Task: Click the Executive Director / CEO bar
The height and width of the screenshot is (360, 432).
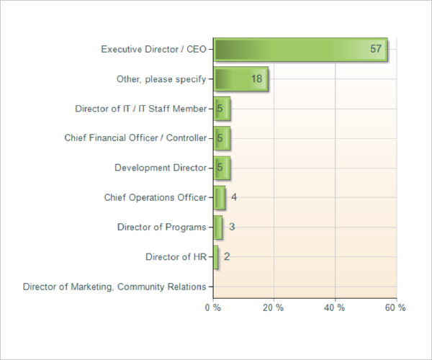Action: [300, 50]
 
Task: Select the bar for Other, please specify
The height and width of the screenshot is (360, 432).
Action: [240, 79]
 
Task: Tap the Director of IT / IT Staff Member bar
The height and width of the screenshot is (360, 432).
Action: [222, 109]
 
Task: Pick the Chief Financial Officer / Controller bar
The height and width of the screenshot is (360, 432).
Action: [222, 138]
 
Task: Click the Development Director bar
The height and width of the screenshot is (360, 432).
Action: [222, 168]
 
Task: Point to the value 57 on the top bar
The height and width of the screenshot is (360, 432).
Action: [376, 50]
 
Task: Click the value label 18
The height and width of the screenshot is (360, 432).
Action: [257, 79]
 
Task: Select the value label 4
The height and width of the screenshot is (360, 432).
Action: [234, 197]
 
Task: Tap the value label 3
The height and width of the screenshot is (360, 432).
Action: [232, 227]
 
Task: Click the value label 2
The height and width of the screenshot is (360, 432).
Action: [227, 256]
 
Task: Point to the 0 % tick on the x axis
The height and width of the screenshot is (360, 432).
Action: [212, 307]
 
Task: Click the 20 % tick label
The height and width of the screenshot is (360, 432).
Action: [273, 307]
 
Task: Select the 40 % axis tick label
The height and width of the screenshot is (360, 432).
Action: [334, 307]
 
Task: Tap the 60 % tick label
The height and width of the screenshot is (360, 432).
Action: [395, 307]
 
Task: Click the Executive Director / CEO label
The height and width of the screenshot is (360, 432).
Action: [153, 50]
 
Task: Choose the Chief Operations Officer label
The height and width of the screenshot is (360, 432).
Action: [155, 197]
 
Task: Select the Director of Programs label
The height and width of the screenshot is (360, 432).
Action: [161, 227]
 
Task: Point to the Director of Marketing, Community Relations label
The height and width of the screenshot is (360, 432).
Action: [114, 287]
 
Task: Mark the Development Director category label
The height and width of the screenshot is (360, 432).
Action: [160, 168]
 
